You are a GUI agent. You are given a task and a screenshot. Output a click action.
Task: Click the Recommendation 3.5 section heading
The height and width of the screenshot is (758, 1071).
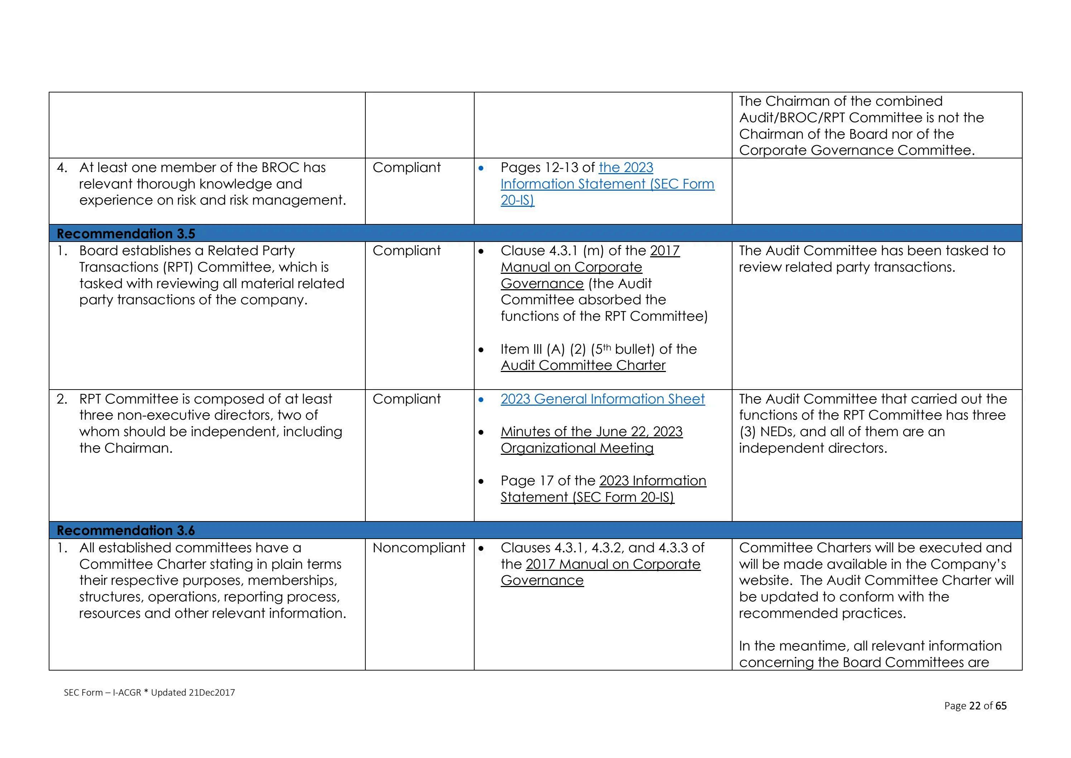tap(126, 233)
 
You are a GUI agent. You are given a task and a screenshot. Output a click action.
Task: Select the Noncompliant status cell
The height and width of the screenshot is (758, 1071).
tap(418, 548)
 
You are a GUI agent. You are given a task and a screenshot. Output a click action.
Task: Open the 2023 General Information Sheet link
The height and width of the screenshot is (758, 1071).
tap(602, 399)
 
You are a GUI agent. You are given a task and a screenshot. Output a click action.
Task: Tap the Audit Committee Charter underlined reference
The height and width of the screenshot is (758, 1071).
tap(583, 366)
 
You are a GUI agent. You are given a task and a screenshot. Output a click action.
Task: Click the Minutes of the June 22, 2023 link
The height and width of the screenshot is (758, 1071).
tap(591, 432)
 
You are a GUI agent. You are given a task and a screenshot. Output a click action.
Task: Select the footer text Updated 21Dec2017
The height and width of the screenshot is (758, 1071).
tap(193, 693)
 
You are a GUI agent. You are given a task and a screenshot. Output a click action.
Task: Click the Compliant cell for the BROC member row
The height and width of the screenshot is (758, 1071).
tap(406, 168)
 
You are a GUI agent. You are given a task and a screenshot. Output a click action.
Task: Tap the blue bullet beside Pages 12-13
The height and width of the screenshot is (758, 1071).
tap(481, 168)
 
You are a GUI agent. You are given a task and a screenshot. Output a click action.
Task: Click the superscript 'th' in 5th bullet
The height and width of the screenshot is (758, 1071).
tap(607, 347)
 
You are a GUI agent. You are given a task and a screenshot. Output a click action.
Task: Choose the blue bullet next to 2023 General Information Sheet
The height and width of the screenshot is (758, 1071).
tap(481, 400)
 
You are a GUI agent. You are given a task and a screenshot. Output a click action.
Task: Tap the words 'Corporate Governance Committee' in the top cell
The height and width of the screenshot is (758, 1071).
tap(856, 150)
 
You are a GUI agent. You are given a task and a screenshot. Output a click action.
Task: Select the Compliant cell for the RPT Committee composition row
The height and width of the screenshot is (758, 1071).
tap(406, 399)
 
